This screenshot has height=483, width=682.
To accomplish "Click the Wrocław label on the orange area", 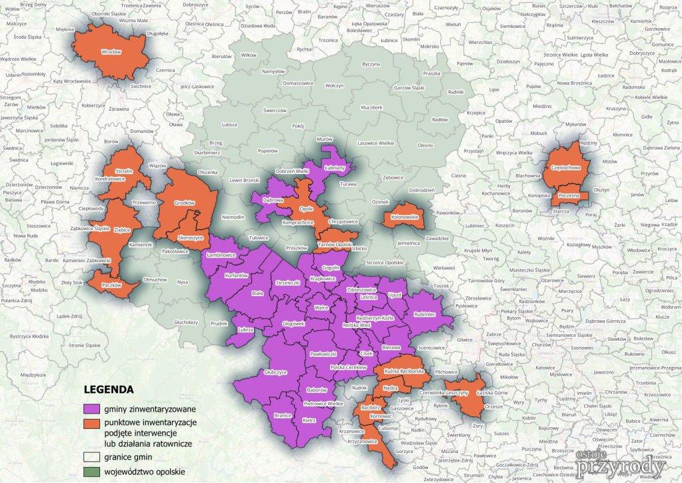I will (111, 51).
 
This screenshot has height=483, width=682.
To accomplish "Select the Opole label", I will (307, 208).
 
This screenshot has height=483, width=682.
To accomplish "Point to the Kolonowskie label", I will (404, 216).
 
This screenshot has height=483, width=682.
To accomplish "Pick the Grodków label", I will (184, 202).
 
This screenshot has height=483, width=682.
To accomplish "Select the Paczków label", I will (113, 285).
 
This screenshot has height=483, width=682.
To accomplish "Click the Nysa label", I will (183, 282).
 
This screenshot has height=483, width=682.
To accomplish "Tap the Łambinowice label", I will (221, 255).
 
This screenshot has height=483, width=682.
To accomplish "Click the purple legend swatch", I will (91, 408).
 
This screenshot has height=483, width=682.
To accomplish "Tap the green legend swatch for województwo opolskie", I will (91, 471).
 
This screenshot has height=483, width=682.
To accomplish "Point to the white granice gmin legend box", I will (91, 457).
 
